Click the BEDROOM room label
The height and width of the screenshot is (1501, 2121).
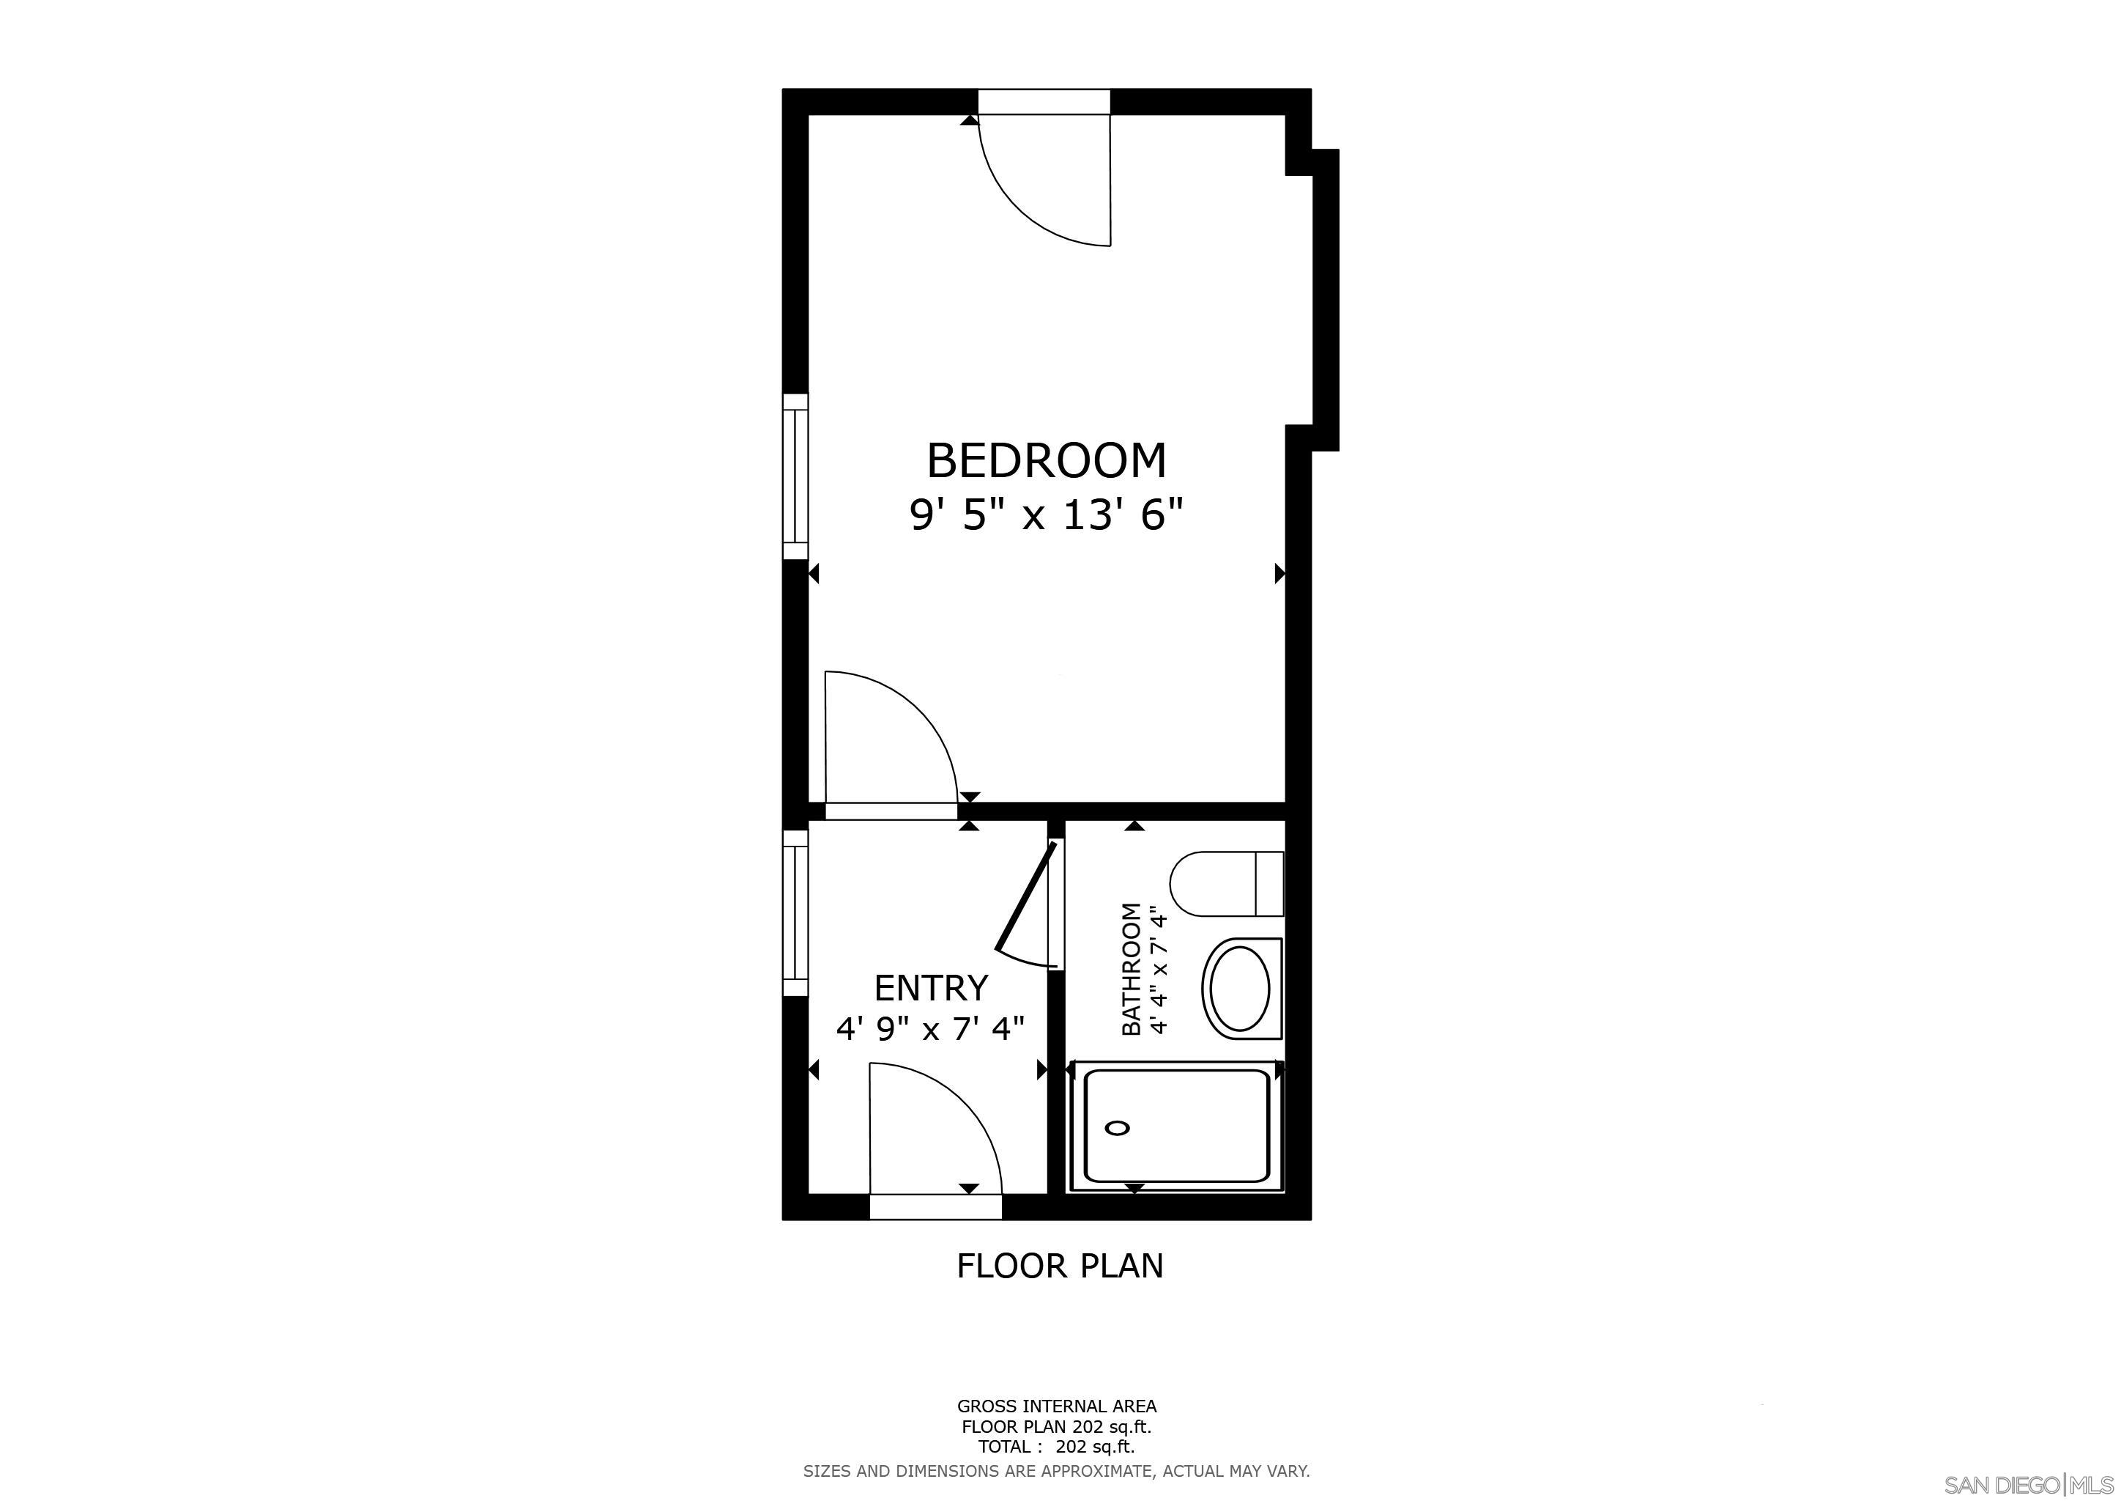(x=1046, y=460)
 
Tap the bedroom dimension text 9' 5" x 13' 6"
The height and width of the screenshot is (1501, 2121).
(x=1046, y=515)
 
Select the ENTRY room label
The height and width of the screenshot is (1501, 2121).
(x=930, y=988)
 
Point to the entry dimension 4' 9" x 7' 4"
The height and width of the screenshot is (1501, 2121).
(x=930, y=1028)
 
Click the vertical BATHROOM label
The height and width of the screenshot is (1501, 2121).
(x=1132, y=969)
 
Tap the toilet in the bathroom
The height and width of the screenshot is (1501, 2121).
(x=1225, y=884)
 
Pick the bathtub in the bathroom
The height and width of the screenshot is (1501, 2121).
(x=1176, y=1126)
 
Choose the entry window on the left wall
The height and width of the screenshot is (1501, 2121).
(x=795, y=913)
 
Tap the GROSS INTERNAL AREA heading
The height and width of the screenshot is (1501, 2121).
(x=1056, y=1406)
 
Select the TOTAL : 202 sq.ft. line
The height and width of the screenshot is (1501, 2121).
(x=1056, y=1447)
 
